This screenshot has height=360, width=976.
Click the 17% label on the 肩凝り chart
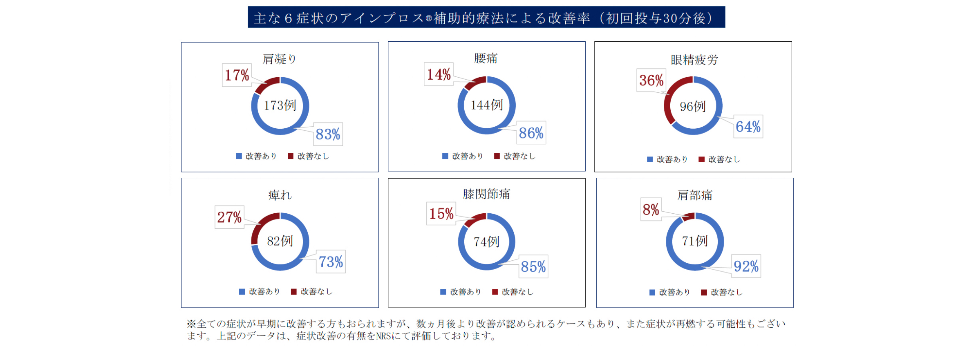[x=237, y=75]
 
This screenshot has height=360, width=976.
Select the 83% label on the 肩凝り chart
[x=328, y=134]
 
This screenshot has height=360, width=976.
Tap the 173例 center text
[x=280, y=105]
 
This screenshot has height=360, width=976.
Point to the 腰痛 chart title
[x=486, y=58]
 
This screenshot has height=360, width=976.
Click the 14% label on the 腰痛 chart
[x=439, y=74]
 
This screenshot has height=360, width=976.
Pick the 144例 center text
[x=486, y=105]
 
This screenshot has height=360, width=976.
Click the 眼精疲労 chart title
[x=694, y=60]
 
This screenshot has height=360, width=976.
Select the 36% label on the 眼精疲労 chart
[x=651, y=80]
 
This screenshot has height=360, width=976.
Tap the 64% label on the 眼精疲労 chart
[x=748, y=127]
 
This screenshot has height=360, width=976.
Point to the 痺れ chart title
[x=280, y=195]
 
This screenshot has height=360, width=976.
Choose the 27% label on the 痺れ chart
[x=229, y=217]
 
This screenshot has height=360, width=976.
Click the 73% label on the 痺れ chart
[x=331, y=262]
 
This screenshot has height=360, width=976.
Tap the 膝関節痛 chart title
[x=486, y=194]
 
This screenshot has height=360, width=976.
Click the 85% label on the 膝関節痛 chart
[x=533, y=267]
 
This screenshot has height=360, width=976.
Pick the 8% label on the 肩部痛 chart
[x=651, y=210]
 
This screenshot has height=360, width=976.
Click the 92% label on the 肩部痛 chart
[x=746, y=266]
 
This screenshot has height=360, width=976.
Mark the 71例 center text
[x=694, y=241]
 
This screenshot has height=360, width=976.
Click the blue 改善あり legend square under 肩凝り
[x=239, y=156]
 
